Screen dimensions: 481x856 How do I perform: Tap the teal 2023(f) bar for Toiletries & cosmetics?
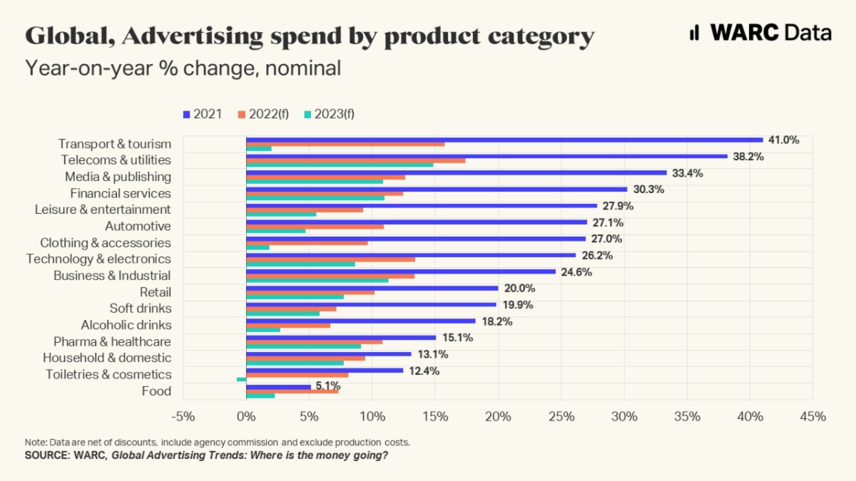tap(242, 379)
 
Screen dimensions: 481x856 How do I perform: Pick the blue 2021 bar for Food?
tap(278, 387)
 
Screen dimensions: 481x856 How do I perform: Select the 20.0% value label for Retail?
tap(519, 288)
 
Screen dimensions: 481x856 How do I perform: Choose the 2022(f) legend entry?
tap(263, 114)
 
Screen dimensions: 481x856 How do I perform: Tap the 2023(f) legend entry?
tap(329, 114)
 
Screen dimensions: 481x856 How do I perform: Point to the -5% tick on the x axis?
tap(183, 416)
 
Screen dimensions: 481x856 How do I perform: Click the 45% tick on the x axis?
tap(812, 416)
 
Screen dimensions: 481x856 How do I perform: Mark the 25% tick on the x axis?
tap(561, 416)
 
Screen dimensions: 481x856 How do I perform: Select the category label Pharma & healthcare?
tap(112, 341)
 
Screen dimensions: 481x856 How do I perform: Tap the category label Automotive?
tap(138, 226)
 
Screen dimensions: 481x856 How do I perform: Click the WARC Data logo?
tap(760, 33)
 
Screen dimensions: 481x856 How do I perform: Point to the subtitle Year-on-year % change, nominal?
tap(183, 68)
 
